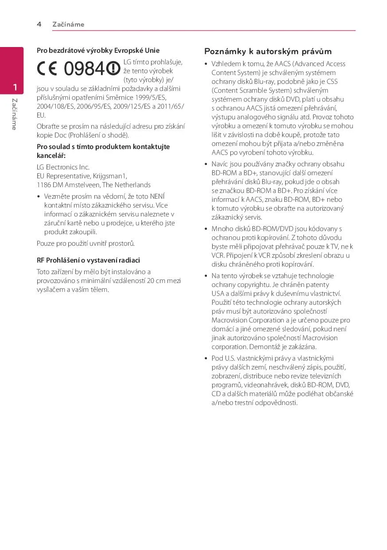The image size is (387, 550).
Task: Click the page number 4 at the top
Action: coord(39,24)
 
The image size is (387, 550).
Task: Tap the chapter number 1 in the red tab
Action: coord(15,86)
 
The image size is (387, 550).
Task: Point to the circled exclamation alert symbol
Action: coord(113,68)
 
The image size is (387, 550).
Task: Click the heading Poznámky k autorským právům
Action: coord(268,51)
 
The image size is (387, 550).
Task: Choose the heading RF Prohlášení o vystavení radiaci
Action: coord(88,260)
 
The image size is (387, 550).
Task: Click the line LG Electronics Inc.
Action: coord(63,167)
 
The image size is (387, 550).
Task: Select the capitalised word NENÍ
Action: coord(158,196)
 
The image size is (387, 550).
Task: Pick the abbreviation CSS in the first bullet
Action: coord(332,82)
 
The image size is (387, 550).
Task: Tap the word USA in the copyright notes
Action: coord(218,294)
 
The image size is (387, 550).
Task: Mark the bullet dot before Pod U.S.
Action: coord(206,358)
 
